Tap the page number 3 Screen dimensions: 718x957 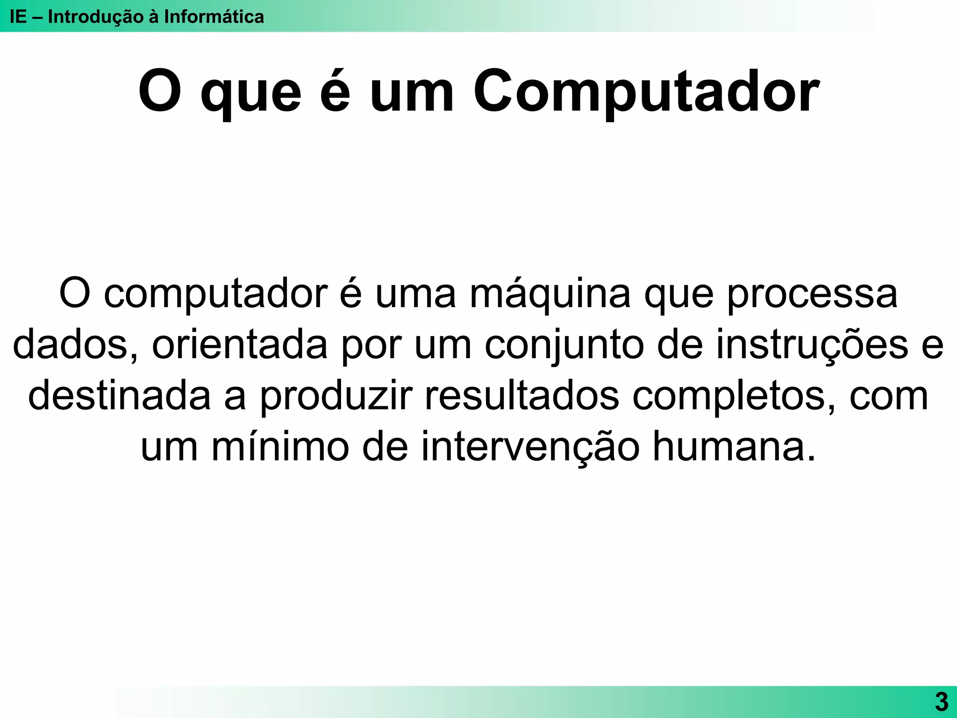(941, 702)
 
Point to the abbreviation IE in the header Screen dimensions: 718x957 (18, 17)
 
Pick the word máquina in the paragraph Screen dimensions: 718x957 (550, 294)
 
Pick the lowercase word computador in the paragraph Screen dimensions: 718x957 (215, 294)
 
